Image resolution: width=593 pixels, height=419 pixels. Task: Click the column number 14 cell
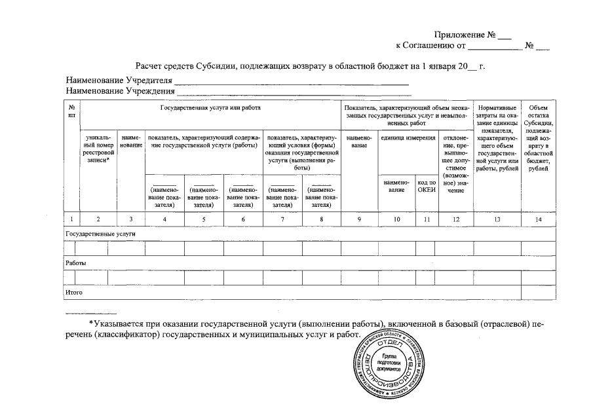(538, 219)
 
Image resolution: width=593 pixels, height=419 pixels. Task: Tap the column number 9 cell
(360, 219)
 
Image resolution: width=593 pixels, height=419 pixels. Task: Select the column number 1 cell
(71, 219)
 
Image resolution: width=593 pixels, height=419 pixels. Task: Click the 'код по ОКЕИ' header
(427, 186)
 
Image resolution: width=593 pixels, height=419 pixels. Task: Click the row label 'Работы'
(76, 263)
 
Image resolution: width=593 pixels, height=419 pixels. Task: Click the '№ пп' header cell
(71, 111)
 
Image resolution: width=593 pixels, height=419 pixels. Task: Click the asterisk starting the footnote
(90, 323)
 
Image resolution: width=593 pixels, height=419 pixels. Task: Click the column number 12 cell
(455, 219)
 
